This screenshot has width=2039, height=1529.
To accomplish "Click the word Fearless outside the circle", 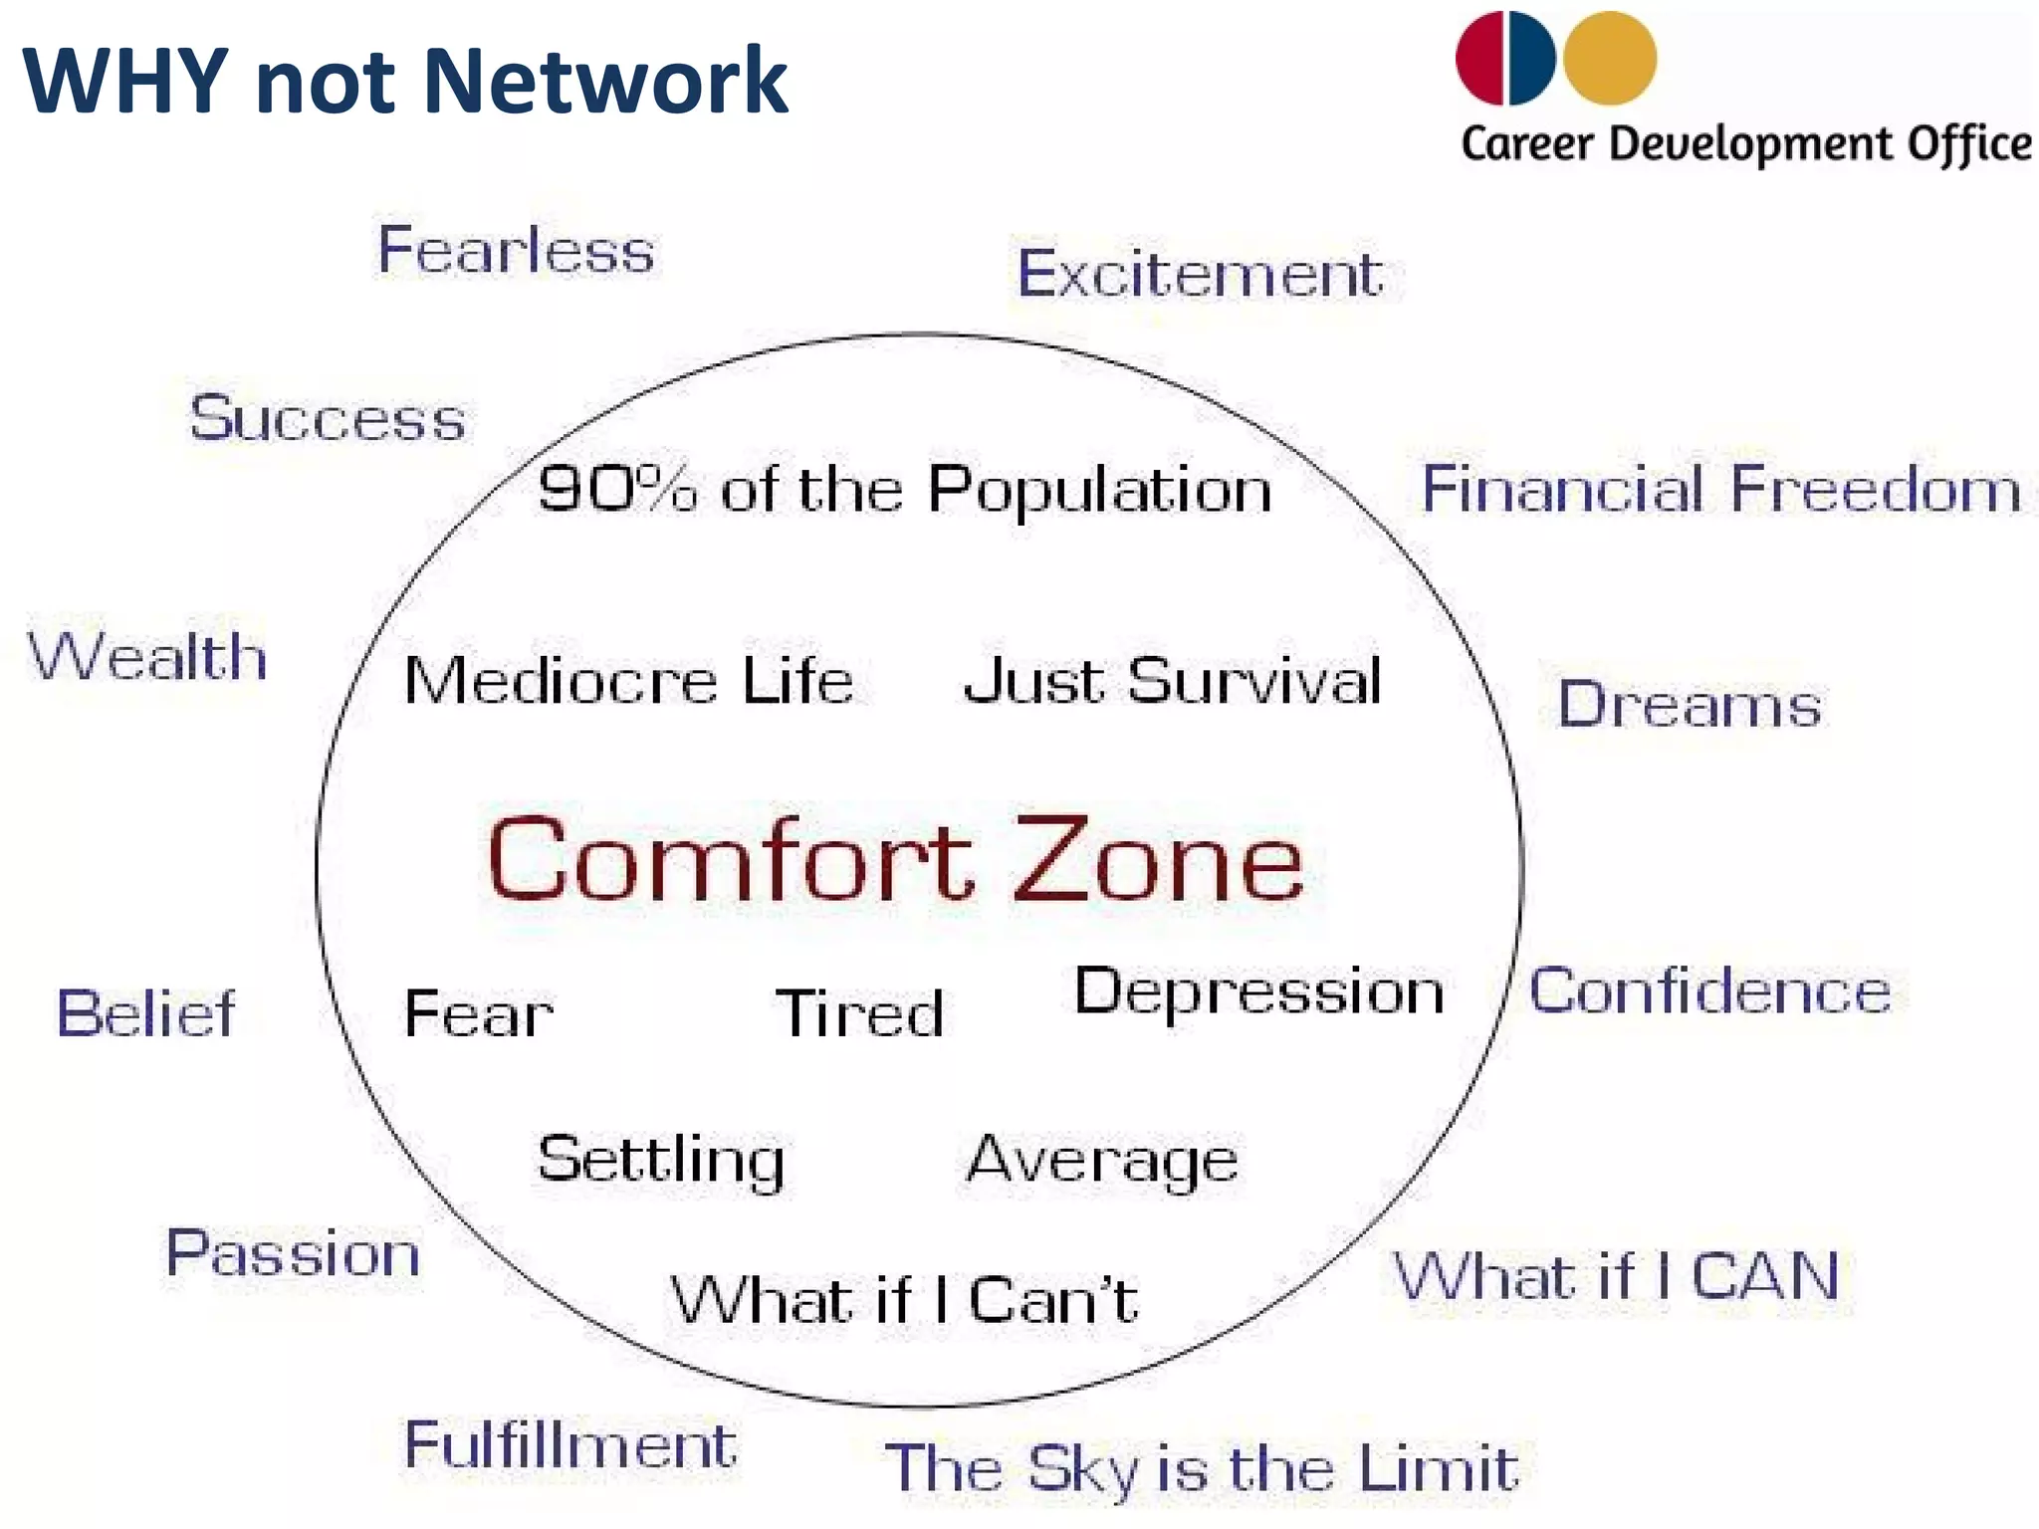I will tap(516, 250).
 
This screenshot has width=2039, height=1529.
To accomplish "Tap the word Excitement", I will tap(1200, 274).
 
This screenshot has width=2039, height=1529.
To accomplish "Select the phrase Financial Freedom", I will tap(1720, 490).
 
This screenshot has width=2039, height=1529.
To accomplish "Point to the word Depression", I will tap(1258, 992).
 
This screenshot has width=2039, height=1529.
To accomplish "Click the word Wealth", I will tap(147, 658).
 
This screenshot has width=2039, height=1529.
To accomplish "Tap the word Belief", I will tap(146, 1014).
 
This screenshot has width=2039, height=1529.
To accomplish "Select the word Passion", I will tap(293, 1253).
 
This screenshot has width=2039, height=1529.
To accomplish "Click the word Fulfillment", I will tap(569, 1445).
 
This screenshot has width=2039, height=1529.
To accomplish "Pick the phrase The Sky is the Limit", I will tap(1202, 1468).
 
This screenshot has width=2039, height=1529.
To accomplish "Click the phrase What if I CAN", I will tap(1616, 1277).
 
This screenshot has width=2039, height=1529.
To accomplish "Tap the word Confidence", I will tap(1708, 992).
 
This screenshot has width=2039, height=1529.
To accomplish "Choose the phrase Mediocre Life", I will tap(628, 682).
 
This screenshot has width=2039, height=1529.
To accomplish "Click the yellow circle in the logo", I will tap(1610, 59).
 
